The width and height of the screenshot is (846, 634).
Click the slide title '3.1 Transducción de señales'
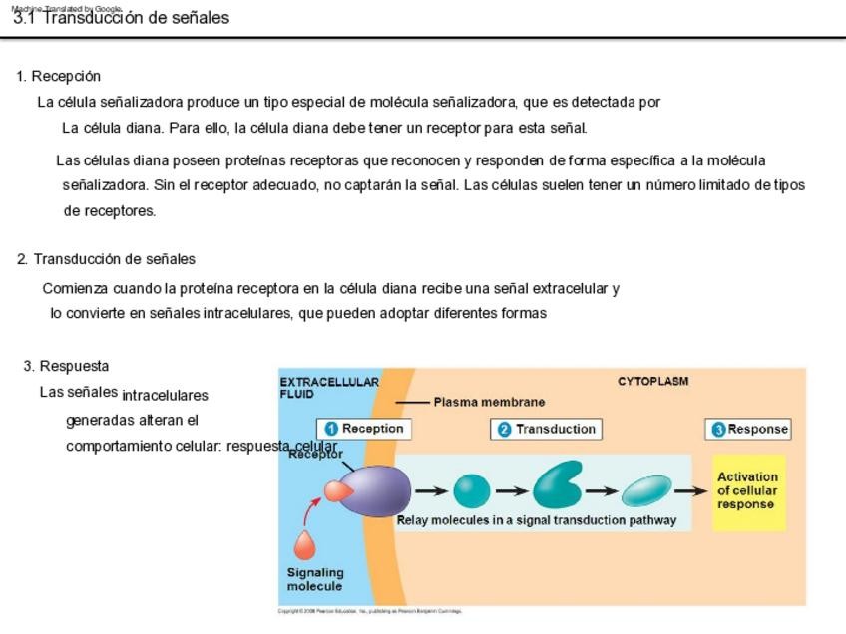(121, 18)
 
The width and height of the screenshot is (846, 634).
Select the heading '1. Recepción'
(59, 76)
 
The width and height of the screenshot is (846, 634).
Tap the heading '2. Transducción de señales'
(106, 259)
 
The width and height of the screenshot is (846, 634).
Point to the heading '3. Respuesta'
(66, 366)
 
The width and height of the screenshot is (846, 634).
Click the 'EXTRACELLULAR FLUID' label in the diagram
(328, 388)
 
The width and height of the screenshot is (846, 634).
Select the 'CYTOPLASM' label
(652, 381)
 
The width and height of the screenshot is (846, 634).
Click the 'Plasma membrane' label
(489, 402)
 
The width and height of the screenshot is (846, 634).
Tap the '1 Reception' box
(364, 429)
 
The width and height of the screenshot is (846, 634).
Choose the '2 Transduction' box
(546, 429)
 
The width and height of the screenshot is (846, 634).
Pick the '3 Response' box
(748, 429)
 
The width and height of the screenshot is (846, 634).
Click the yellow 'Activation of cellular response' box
(749, 491)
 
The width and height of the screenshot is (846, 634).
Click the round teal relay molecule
(472, 490)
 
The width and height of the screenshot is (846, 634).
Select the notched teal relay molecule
(556, 486)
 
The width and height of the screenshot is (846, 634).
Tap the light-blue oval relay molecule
(646, 490)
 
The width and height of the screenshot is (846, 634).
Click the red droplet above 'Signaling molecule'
(304, 545)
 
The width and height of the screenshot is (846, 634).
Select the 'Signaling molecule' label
(315, 579)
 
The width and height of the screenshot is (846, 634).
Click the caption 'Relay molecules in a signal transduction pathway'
(537, 520)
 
